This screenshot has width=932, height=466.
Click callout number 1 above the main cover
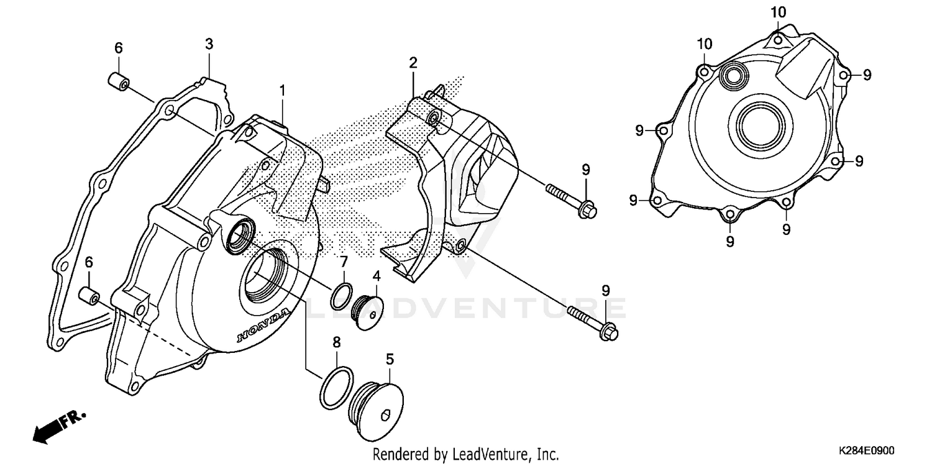click(282, 91)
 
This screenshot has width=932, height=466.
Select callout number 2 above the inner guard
click(413, 63)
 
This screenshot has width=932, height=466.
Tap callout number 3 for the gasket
click(209, 44)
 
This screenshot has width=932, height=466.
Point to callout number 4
click(376, 275)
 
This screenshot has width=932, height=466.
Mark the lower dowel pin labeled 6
click(89, 296)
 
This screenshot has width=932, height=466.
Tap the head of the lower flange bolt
click(610, 332)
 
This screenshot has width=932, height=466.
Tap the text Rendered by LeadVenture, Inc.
click(465, 454)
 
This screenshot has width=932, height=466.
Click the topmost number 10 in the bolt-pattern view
click(779, 12)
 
